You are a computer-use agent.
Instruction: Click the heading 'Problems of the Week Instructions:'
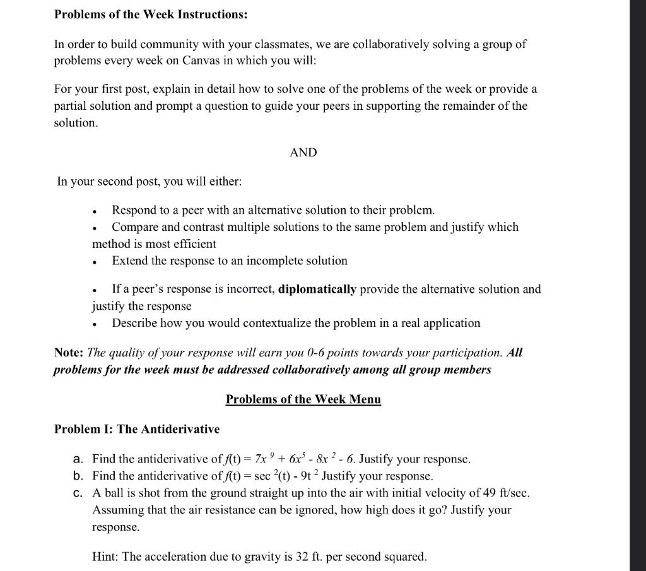tap(151, 15)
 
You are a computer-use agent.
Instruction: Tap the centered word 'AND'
tap(303, 152)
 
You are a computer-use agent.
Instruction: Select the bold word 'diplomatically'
tap(317, 289)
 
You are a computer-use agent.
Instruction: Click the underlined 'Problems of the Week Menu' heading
tap(303, 399)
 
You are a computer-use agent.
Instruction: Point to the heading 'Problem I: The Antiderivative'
tap(137, 429)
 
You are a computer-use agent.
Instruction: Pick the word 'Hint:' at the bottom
tap(105, 556)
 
